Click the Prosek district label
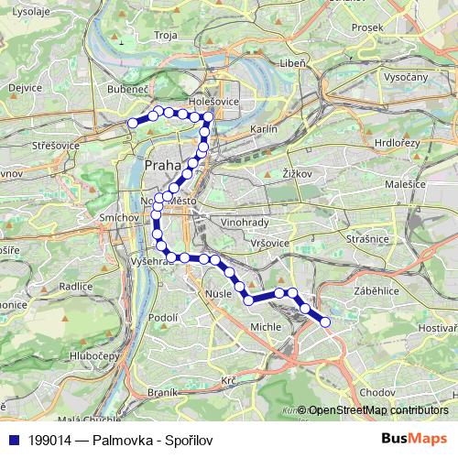click(366, 27)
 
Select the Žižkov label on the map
click(298, 172)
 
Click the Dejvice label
click(25, 88)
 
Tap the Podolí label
click(163, 317)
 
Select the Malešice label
click(399, 184)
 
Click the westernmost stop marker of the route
click(133, 123)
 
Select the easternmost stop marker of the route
click(323, 321)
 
